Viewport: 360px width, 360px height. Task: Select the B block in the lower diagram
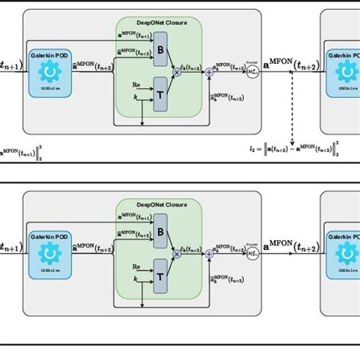tap(159, 232)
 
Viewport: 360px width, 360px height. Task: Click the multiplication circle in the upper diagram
tap(177, 71)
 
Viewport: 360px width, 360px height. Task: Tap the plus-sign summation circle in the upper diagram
tap(209, 71)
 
